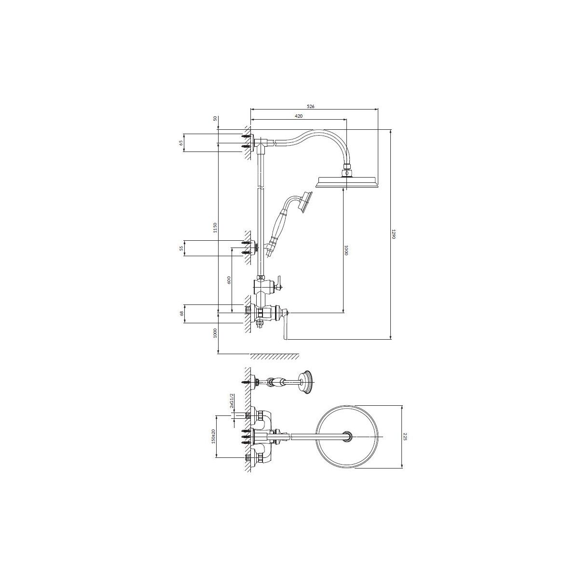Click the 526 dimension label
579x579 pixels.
310,106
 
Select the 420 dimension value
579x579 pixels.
298,116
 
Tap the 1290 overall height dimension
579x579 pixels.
394,234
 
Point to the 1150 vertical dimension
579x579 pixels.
214,227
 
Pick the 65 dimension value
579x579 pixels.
181,142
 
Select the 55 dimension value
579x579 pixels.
181,248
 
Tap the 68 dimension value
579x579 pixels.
181,314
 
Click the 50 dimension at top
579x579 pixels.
215,118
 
